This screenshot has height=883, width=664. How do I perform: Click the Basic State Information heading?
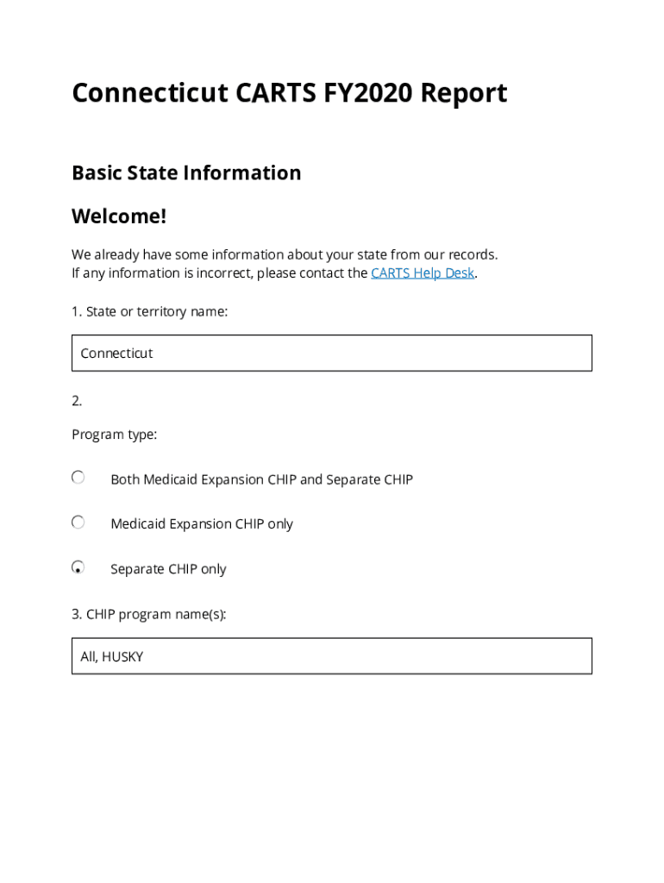(186, 172)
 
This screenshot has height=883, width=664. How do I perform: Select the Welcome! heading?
(119, 216)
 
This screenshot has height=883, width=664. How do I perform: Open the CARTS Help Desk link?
(423, 273)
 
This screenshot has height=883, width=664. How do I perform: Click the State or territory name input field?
(332, 354)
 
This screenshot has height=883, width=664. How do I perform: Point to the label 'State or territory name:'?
(149, 311)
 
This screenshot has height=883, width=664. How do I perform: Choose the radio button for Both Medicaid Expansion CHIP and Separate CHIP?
(78, 478)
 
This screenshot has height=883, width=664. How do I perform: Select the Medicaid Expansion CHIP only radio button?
(78, 523)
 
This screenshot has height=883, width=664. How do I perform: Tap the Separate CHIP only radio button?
(78, 567)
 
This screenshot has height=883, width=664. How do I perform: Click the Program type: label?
(114, 435)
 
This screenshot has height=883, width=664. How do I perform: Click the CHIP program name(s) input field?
(332, 656)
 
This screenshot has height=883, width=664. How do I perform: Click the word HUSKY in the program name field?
(122, 657)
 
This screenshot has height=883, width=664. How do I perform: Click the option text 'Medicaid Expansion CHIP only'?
(202, 524)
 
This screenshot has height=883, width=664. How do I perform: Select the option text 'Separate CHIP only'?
(168, 569)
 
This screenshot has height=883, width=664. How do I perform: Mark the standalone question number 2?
(77, 401)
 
